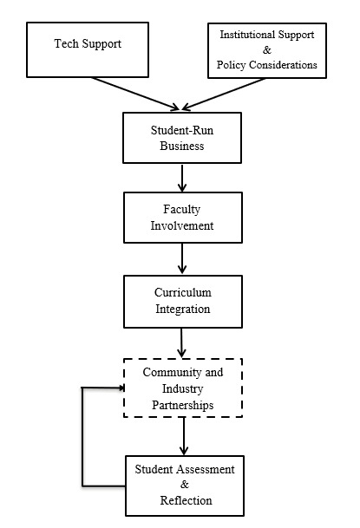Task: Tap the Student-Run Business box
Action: click(x=182, y=138)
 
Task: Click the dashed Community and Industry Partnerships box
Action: click(x=182, y=388)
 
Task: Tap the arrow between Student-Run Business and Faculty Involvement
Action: click(x=182, y=177)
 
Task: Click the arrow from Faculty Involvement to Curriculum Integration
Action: click(x=182, y=257)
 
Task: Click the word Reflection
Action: click(x=186, y=500)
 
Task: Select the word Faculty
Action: click(x=182, y=210)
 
